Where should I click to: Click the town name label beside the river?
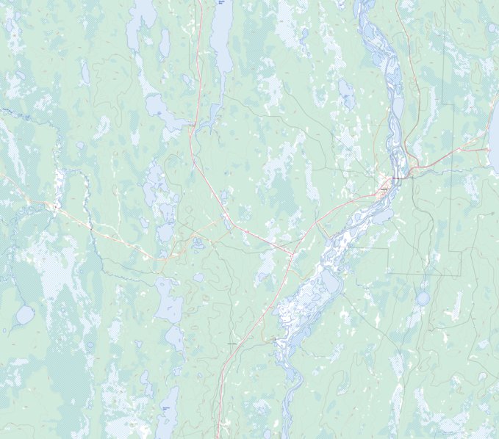pos(382,189)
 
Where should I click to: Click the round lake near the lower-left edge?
pos(24,316)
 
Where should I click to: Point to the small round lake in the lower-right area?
pos(423,298)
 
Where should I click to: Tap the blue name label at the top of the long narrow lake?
pos(220,4)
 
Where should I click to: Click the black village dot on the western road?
pos(54,206)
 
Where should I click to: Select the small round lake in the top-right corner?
pos(491,28)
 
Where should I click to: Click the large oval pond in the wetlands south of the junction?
pos(330,281)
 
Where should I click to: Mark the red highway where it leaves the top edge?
pos(199,2)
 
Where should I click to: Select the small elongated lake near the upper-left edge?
pos(85,72)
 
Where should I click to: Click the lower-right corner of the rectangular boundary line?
pos(461,274)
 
